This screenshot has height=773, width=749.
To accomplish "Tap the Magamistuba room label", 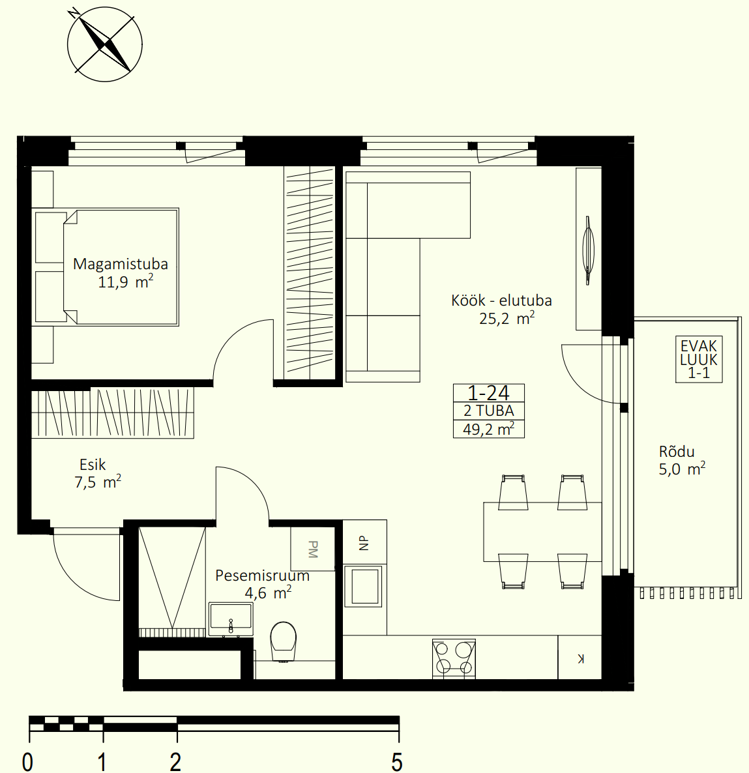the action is (121, 264).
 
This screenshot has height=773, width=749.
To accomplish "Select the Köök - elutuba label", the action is (501, 300).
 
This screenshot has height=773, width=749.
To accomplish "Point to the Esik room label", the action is (93, 465).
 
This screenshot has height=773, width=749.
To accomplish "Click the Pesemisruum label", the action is (262, 576).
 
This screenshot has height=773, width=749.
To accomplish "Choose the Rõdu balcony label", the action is (677, 451).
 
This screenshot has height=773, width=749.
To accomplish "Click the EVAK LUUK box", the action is (699, 359).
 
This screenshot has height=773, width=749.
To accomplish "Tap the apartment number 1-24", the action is (488, 393).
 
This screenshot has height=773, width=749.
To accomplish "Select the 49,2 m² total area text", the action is (489, 429).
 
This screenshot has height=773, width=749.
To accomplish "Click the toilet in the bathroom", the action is (284, 641).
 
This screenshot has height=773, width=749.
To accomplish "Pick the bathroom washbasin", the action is (231, 619).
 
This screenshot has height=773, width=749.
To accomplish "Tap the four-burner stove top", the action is (454, 658).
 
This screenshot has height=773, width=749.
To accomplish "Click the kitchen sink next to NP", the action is (364, 586).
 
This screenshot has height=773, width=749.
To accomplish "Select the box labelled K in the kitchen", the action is (580, 658).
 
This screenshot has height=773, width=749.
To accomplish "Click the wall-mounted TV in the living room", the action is (588, 250).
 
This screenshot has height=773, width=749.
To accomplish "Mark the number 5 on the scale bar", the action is (397, 762).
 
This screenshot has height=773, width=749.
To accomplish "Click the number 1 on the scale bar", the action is (102, 762).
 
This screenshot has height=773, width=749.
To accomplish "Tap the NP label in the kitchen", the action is (364, 543).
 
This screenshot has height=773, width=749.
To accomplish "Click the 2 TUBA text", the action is (489, 411).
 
